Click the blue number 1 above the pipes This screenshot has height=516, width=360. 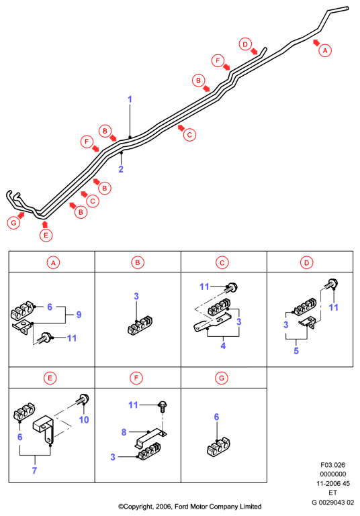click(x=130, y=99)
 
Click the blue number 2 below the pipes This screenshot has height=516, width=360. click(x=121, y=169)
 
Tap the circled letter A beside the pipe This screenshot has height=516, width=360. click(x=325, y=51)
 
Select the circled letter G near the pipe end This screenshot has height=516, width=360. click(x=13, y=223)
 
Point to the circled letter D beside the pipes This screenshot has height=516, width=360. click(x=245, y=44)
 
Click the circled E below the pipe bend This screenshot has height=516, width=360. click(x=46, y=236)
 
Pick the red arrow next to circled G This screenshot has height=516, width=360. click(x=21, y=215)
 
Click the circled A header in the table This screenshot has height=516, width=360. click(x=53, y=262)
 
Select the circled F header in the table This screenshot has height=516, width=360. click(x=136, y=378)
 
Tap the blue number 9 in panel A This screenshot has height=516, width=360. click(x=79, y=315)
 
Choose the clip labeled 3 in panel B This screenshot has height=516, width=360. click(x=140, y=325)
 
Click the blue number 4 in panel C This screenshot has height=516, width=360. click(x=223, y=346)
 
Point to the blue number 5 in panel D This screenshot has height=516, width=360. click(x=296, y=351)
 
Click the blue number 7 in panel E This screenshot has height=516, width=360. click(x=34, y=470)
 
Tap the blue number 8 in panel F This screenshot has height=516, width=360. click(x=124, y=432)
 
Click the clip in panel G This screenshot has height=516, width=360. click(x=218, y=447)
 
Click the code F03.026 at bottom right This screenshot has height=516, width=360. click(x=332, y=465)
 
